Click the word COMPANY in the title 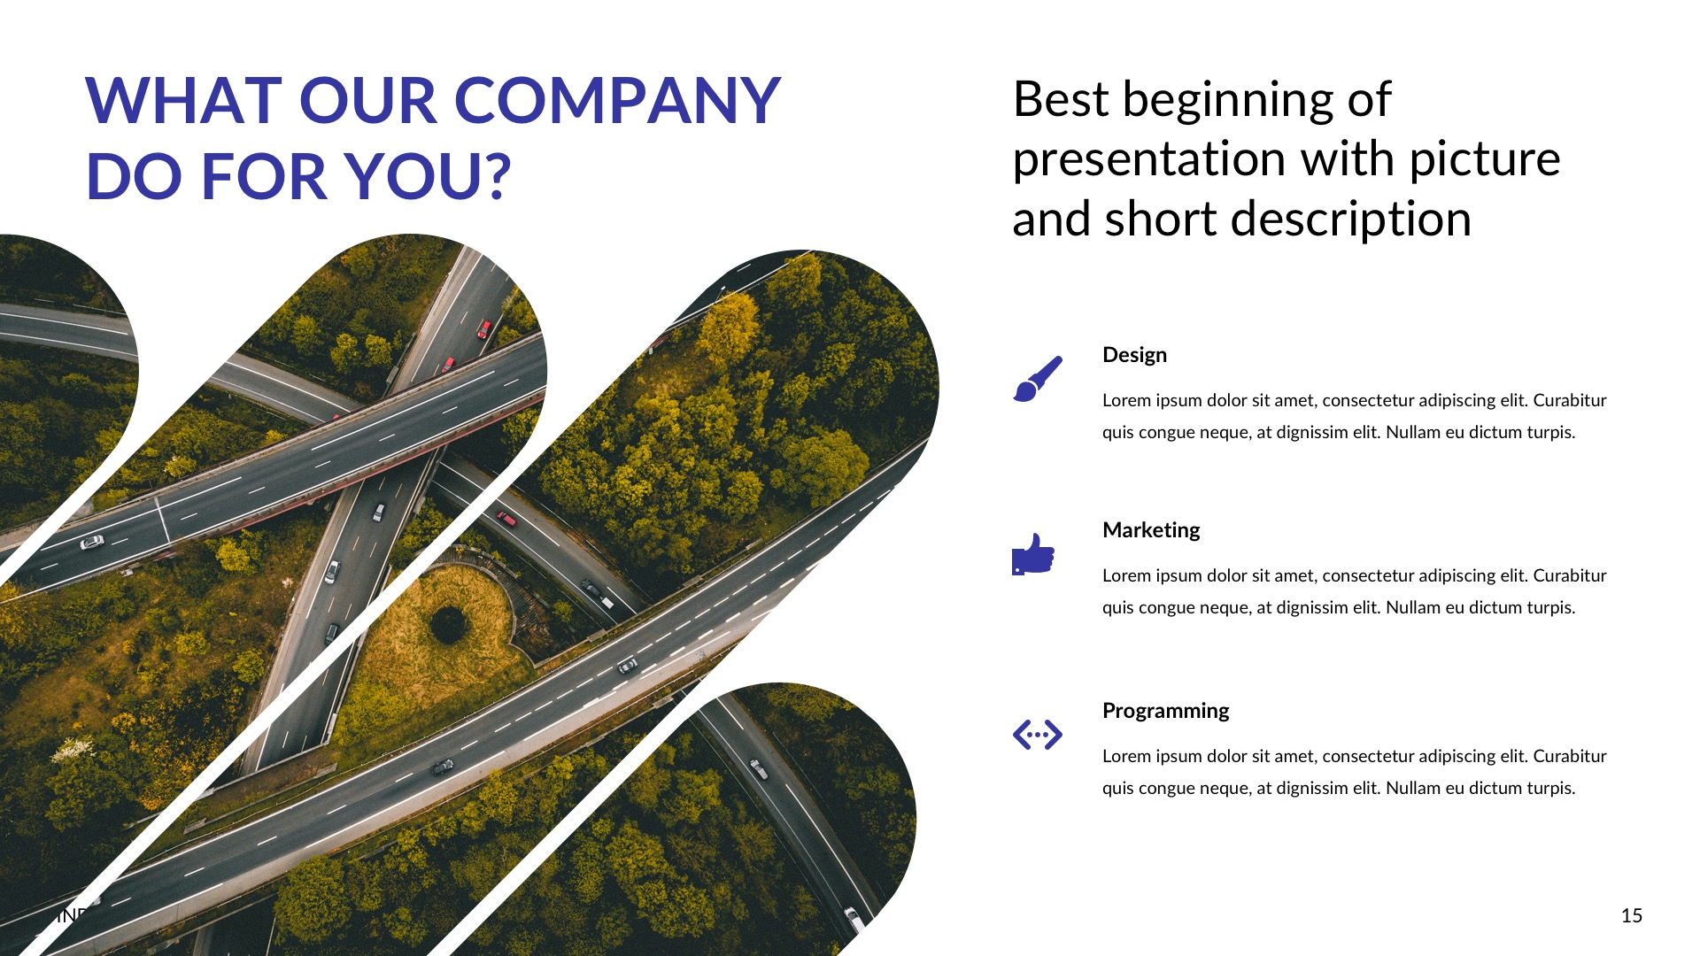[617, 100]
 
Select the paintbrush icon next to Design [1037, 379]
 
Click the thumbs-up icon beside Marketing [1033, 555]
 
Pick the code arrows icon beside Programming [1037, 735]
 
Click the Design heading [1134, 355]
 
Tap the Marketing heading [1150, 530]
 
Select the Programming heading [1165, 711]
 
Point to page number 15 [1631, 916]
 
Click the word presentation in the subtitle [1148, 159]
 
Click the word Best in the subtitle [1061, 99]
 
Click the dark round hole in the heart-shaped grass [449, 625]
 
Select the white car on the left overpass [91, 542]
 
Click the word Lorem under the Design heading [1126, 400]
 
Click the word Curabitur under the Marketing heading [1569, 575]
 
